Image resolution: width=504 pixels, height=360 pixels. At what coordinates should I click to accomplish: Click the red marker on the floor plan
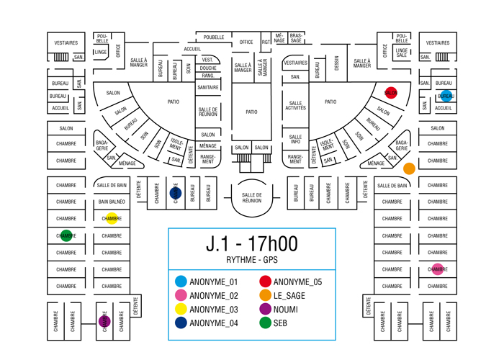[x=391, y=94]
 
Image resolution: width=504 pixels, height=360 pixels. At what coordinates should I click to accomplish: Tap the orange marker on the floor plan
[x=409, y=168]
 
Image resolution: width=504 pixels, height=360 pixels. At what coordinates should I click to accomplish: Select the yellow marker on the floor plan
[x=112, y=218]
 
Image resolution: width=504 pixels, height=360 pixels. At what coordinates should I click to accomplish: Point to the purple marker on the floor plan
[x=104, y=321]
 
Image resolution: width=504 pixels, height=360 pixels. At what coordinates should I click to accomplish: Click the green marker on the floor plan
[x=66, y=235]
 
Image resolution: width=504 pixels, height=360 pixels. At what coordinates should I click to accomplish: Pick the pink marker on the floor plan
[x=438, y=269]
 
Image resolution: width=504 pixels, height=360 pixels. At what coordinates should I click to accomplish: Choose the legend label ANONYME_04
[x=213, y=323]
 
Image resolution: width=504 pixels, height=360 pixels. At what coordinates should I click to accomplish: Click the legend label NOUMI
[x=286, y=310]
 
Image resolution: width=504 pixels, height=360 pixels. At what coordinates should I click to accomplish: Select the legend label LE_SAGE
[x=290, y=296]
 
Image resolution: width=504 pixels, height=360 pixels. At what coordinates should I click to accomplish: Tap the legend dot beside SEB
[x=265, y=323]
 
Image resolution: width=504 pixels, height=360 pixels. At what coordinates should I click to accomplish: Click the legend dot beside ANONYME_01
[x=181, y=282]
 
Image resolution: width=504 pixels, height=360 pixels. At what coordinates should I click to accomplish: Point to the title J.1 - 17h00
[x=252, y=244]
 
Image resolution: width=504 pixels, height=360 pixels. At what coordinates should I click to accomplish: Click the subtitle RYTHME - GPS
[x=252, y=260]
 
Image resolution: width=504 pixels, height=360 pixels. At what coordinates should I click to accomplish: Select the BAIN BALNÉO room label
[x=112, y=202]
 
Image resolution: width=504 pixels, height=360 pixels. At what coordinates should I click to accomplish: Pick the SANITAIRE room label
[x=207, y=87]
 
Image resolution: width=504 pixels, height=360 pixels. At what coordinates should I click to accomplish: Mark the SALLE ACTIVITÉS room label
[x=295, y=106]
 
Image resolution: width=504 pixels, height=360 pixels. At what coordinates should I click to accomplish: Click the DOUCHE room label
[x=207, y=68]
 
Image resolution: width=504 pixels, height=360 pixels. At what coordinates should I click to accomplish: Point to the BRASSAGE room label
[x=296, y=37]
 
